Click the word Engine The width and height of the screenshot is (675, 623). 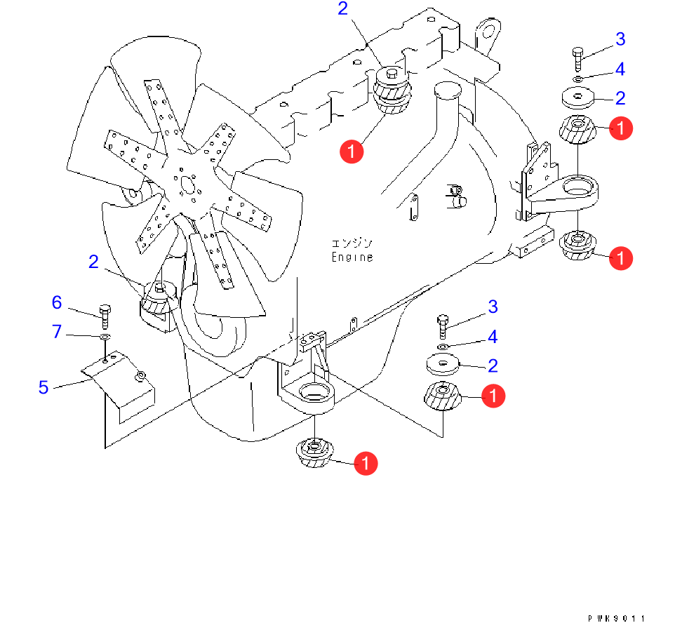352,257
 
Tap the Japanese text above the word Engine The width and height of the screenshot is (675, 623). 352,243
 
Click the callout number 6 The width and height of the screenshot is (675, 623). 57,302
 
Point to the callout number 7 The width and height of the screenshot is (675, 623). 57,331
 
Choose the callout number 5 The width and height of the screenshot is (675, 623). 44,387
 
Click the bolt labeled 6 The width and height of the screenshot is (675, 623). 105,316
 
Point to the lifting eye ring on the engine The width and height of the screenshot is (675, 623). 486,32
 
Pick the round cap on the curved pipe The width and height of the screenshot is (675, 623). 446,91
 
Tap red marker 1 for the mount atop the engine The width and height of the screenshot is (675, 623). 351,151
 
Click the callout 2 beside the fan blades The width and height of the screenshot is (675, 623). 93,262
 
